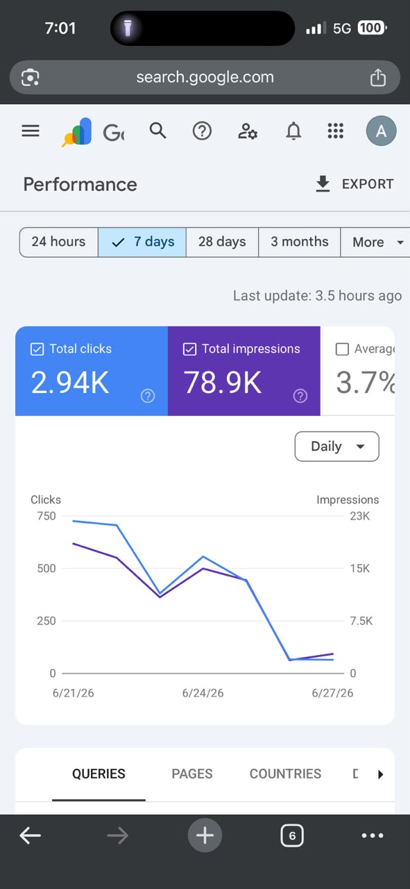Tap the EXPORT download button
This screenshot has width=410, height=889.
355,184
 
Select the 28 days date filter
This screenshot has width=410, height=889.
222,242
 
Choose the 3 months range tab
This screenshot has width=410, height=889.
300,242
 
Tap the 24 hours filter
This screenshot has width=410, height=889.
59,242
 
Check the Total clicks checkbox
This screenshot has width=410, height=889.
37,349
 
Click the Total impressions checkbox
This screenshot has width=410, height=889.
189,349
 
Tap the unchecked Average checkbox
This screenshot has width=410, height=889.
342,349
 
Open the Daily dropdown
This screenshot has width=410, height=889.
336,447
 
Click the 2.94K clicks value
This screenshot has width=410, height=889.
70,383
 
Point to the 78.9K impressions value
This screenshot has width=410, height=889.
223,383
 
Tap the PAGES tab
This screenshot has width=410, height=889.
192,774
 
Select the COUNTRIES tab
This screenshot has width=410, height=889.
285,774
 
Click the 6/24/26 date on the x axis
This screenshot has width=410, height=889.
203,693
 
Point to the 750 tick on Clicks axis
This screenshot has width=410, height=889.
46,516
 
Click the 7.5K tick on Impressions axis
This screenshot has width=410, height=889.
361,621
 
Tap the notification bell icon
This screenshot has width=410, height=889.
293,131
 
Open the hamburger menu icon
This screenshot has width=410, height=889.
31,131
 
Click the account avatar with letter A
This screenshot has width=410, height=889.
381,131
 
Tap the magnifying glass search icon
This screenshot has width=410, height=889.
157,131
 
